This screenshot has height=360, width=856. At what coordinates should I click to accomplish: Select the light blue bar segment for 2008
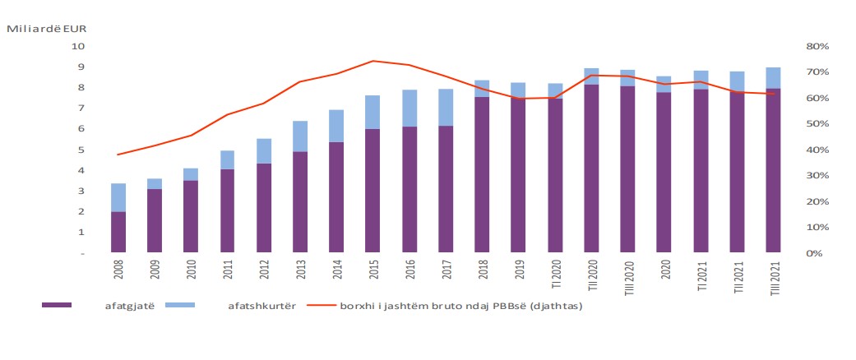[x=118, y=197]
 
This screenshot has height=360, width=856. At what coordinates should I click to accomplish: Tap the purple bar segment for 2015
[x=372, y=191]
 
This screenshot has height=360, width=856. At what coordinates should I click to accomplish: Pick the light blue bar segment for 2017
[x=445, y=107]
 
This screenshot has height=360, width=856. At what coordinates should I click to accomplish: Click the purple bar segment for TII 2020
[x=590, y=168]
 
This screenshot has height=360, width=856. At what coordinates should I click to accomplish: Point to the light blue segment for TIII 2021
[x=773, y=77]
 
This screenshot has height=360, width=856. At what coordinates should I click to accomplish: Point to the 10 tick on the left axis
[x=79, y=46]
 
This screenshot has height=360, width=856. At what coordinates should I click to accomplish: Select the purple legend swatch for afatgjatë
[x=57, y=305]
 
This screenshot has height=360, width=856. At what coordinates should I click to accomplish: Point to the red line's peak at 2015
[x=372, y=61]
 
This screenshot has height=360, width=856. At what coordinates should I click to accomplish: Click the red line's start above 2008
[x=118, y=155]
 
